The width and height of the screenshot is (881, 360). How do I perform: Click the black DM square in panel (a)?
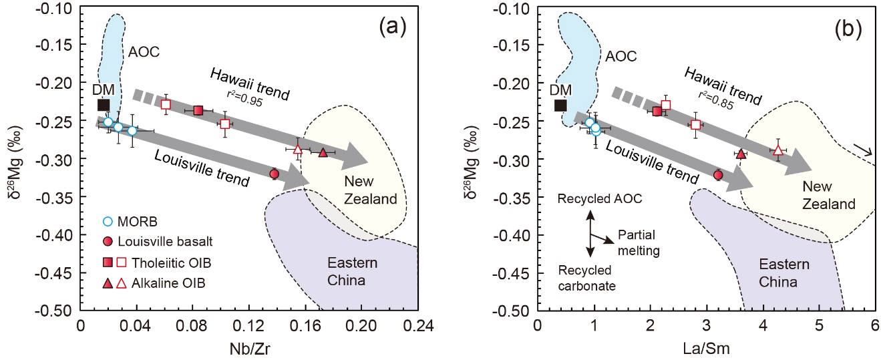click(x=104, y=104)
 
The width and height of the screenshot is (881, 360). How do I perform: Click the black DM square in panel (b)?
click(x=560, y=105)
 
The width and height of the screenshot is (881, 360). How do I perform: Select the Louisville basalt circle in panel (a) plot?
click(x=274, y=174)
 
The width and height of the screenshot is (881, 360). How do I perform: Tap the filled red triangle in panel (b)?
click(x=740, y=154)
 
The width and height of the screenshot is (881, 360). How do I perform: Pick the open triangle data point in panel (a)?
click(x=298, y=150)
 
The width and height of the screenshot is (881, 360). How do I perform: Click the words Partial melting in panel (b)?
click(x=638, y=242)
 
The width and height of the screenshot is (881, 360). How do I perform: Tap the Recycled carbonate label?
click(x=586, y=278)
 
